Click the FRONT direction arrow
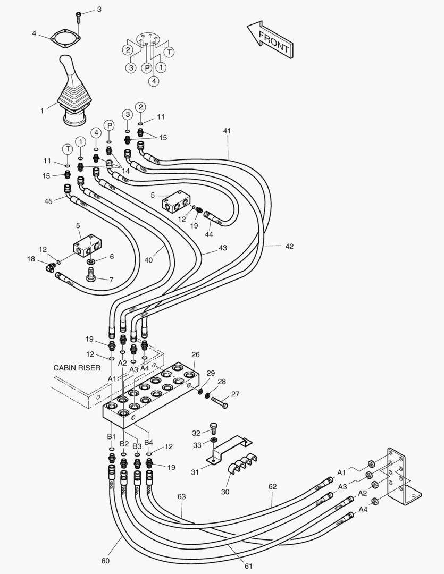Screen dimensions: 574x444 (x=270, y=39)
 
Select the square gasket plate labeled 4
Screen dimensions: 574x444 (x=66, y=39)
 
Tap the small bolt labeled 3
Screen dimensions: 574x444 (x=79, y=16)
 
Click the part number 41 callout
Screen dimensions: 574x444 (x=227, y=131)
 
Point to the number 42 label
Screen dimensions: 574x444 (x=289, y=246)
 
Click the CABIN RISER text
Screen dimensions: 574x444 (x=77, y=367)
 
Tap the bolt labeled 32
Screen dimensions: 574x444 (x=214, y=427)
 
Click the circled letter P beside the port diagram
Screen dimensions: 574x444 (x=146, y=68)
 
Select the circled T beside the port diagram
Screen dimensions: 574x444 (x=169, y=52)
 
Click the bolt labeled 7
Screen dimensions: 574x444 (x=91, y=276)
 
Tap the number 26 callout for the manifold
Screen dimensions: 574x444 (x=195, y=354)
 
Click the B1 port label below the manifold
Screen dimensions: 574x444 (x=111, y=436)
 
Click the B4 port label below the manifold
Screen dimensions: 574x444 (x=148, y=442)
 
